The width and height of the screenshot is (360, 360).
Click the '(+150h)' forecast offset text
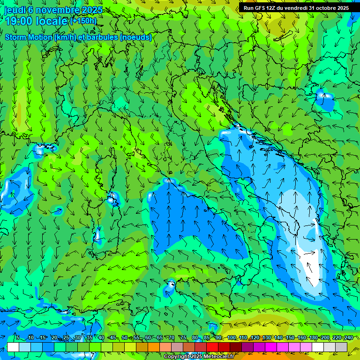pyautogui.click(x=83, y=21)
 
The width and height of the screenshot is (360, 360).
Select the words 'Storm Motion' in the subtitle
pyautogui.click(x=28, y=37)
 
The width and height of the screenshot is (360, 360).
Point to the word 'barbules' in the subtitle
pyautogui.click(x=104, y=37)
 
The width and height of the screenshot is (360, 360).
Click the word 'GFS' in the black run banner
pyautogui.click(x=261, y=8)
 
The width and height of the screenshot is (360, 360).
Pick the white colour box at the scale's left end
pyautogui.click(x=13, y=347)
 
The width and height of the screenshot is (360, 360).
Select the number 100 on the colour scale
pyautogui.click(x=232, y=338)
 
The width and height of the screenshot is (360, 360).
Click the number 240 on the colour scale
pyautogui.click(x=348, y=338)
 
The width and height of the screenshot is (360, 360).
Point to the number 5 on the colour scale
pyautogui.click(x=18, y=338)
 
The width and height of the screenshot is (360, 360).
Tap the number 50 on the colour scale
pyautogui.click(x=125, y=338)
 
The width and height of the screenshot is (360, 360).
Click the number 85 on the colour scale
pyautogui.click(x=207, y=338)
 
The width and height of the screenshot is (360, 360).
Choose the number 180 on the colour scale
pyautogui.click(x=313, y=338)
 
